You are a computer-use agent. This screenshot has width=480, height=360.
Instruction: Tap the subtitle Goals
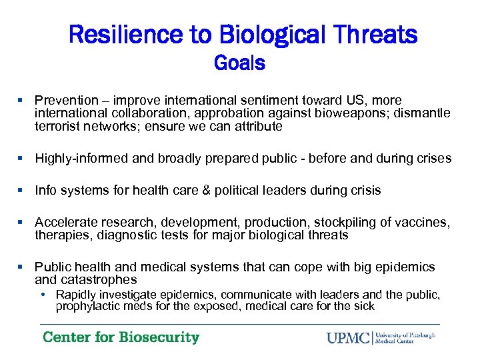tap(240, 63)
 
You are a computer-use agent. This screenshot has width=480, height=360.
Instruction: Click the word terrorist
tap(58, 126)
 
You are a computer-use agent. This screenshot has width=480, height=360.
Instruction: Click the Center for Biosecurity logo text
tap(121, 337)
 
